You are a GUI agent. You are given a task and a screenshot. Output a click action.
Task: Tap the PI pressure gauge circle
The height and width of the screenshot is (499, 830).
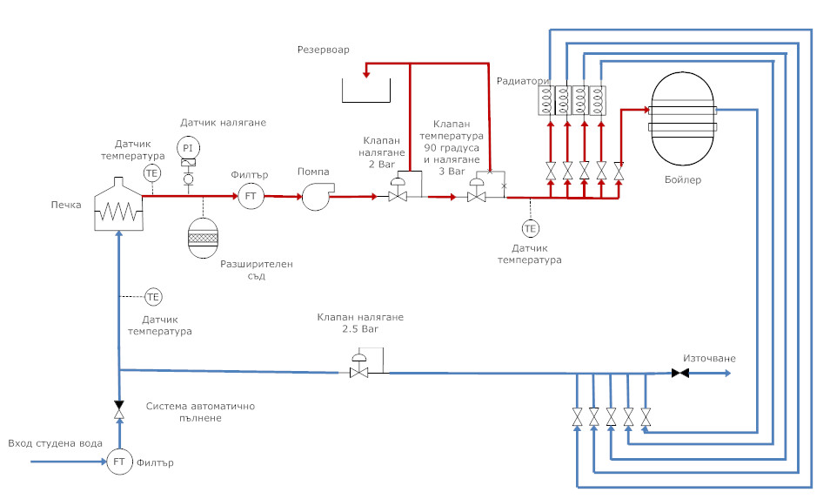(188, 147)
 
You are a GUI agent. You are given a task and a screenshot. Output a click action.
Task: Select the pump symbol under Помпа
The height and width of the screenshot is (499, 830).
(315, 198)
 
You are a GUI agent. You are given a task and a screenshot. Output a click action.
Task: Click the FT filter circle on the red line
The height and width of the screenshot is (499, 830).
(251, 197)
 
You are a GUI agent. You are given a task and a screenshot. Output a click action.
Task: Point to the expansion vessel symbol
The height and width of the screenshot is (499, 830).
(204, 236)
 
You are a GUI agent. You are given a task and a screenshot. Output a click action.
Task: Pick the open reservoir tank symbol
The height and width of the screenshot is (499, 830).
(365, 90)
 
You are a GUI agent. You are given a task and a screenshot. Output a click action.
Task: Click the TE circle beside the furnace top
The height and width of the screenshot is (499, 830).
(152, 172)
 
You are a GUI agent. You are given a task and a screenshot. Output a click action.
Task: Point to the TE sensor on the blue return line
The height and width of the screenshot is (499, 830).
(153, 297)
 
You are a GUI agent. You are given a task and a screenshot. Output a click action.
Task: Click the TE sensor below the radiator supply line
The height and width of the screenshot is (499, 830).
(530, 228)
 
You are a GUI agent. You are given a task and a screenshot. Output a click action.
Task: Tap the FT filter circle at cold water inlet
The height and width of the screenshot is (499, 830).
(118, 462)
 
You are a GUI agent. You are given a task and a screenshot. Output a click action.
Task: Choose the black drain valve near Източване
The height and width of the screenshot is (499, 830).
(680, 374)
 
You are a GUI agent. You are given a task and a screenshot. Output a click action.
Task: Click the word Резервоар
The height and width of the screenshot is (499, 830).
(323, 50)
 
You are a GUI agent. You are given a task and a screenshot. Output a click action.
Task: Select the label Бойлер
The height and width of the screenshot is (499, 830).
(681, 180)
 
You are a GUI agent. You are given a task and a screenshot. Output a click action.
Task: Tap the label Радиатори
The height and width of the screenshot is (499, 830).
(523, 81)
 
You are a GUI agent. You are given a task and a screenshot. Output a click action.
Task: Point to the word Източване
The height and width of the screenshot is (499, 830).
(709, 358)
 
